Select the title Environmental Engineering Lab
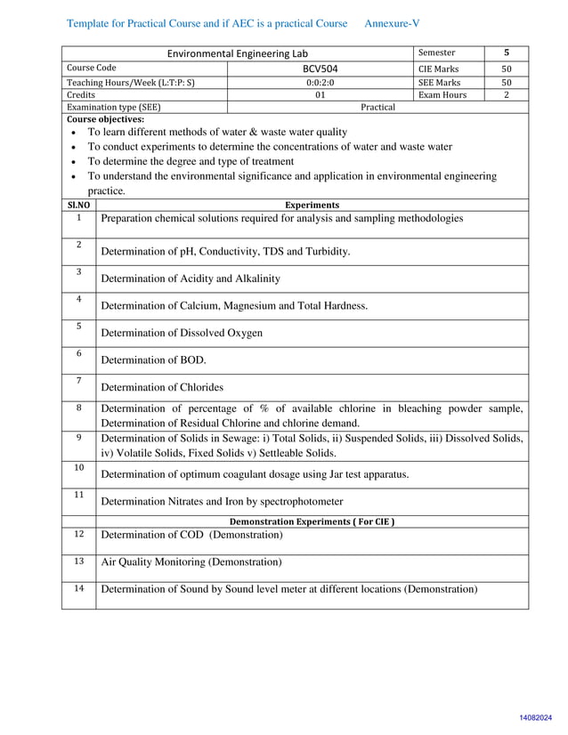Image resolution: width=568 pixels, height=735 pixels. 239,53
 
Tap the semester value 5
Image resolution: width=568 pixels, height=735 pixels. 507,52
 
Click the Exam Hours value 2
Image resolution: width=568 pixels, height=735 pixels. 507,94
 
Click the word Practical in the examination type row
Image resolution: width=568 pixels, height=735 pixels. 377,107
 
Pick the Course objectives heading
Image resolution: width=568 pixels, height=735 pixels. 105,118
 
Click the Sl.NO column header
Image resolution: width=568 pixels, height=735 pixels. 78,205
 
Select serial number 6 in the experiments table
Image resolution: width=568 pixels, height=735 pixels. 78,353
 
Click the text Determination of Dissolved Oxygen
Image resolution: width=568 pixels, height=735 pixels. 182,333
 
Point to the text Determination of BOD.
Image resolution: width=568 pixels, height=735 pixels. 153,360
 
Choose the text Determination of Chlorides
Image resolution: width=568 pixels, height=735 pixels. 162,387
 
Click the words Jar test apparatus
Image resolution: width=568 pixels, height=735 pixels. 367,474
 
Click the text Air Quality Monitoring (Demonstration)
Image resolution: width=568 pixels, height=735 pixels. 191,562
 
